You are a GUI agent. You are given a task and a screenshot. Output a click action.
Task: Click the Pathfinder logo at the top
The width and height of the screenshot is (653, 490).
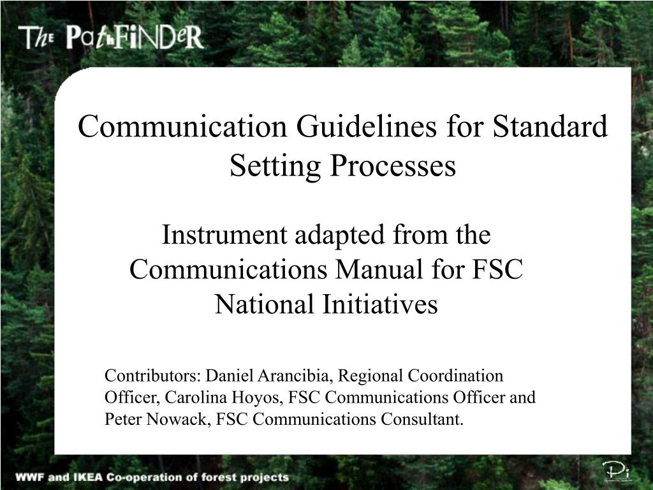(x=111, y=38)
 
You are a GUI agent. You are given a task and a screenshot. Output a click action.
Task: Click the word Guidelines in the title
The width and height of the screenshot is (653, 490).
(x=367, y=126)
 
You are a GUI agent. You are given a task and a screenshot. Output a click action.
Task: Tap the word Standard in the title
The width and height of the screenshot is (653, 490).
(x=550, y=126)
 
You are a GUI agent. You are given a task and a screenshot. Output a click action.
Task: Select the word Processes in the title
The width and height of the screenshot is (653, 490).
(x=393, y=165)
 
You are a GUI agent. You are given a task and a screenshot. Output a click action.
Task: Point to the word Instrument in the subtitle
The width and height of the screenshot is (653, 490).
(x=224, y=235)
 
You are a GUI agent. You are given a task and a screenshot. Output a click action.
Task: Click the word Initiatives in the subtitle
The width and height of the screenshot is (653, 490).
(x=380, y=304)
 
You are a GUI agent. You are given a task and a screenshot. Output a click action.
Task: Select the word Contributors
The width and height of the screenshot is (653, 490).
(x=153, y=375)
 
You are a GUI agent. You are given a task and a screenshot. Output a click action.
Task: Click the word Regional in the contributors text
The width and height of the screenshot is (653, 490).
(x=371, y=376)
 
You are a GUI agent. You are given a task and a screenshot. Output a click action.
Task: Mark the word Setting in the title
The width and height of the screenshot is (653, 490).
(x=275, y=167)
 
